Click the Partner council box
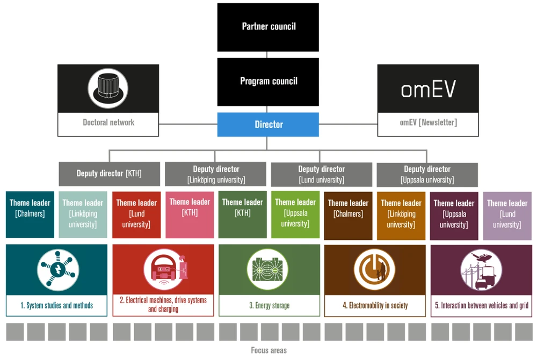(x=268, y=27)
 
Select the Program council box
(x=268, y=82)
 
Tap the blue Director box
(x=268, y=124)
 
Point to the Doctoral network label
(x=108, y=122)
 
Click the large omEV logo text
(x=428, y=89)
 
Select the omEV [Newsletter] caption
(x=428, y=122)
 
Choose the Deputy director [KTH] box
(x=109, y=174)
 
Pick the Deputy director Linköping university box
(x=216, y=174)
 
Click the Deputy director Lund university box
(x=322, y=174)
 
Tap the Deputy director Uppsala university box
(x=427, y=174)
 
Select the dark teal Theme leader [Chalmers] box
(x=30, y=214)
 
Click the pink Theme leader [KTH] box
(x=190, y=214)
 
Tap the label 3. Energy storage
(x=269, y=305)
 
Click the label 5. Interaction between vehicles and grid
(x=481, y=305)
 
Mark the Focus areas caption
(x=269, y=350)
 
